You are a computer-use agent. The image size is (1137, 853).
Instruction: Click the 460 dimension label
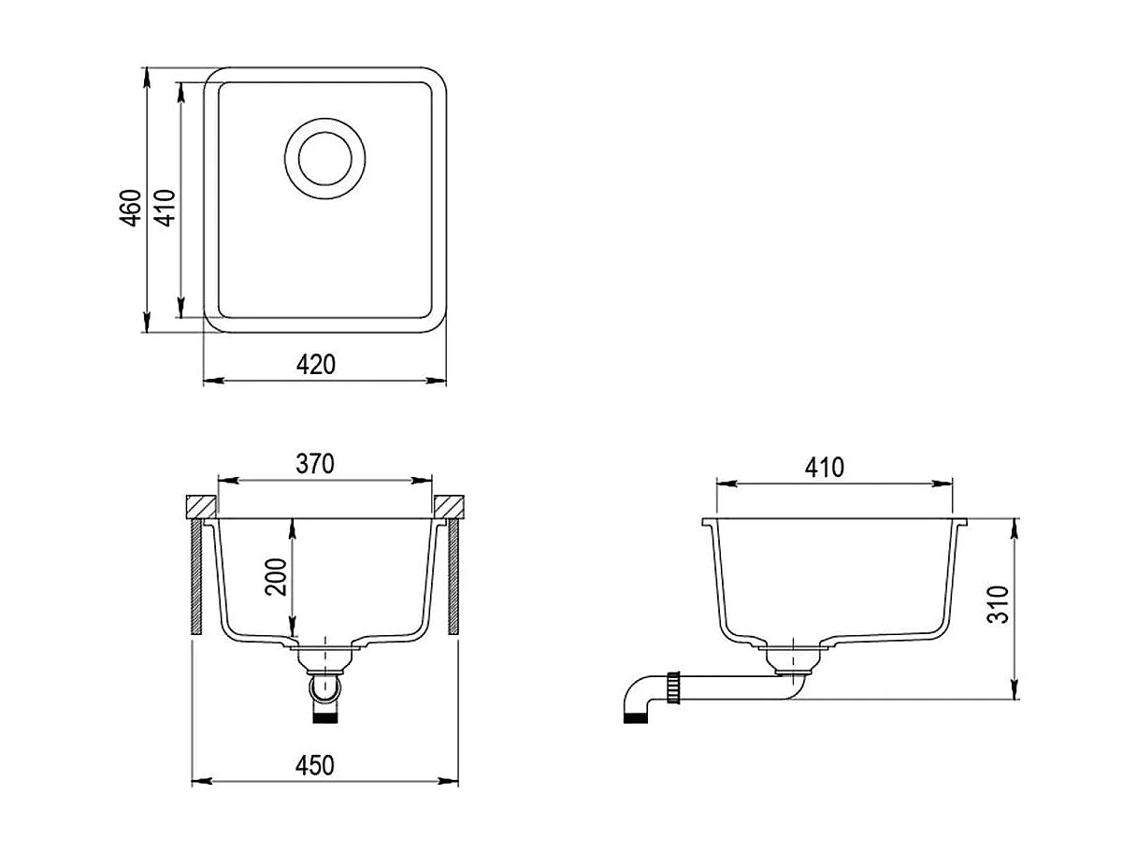tap(132, 207)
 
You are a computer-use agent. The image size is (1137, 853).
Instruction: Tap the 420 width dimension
tap(317, 364)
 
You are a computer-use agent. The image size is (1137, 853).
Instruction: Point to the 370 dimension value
tap(315, 464)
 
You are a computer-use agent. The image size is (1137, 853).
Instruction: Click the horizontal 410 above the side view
tap(824, 467)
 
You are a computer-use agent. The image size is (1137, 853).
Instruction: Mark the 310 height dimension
tap(1000, 605)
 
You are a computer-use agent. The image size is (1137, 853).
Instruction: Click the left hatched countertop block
tap(201, 505)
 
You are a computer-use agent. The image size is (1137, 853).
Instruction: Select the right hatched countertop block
tap(450, 505)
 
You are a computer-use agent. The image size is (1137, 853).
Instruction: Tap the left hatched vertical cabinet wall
tap(196, 578)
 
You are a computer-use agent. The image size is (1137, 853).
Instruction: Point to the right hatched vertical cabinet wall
tap(453, 578)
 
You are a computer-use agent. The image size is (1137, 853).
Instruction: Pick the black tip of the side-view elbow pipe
tap(635, 717)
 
